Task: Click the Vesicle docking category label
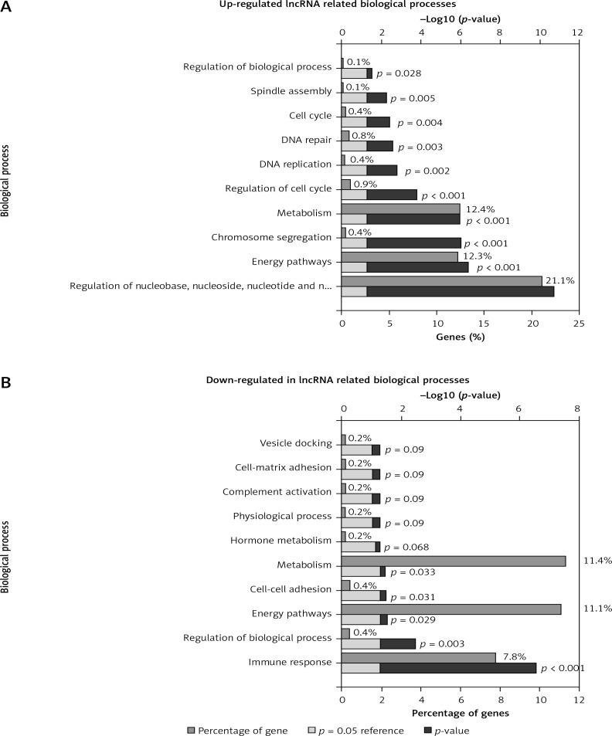pos(297,443)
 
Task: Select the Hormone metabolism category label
pos(285,541)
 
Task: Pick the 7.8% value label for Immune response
pos(513,656)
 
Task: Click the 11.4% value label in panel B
pos(597,560)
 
